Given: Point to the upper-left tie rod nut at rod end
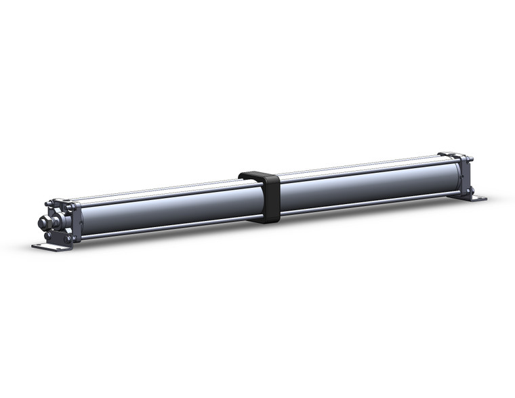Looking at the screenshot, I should [48, 204].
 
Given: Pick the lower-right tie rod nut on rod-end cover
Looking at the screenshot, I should [68, 238].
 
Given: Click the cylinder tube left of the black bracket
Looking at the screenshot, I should [163, 210].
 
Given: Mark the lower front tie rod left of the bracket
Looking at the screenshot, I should [163, 228].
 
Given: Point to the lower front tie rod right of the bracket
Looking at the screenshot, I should [366, 201].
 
